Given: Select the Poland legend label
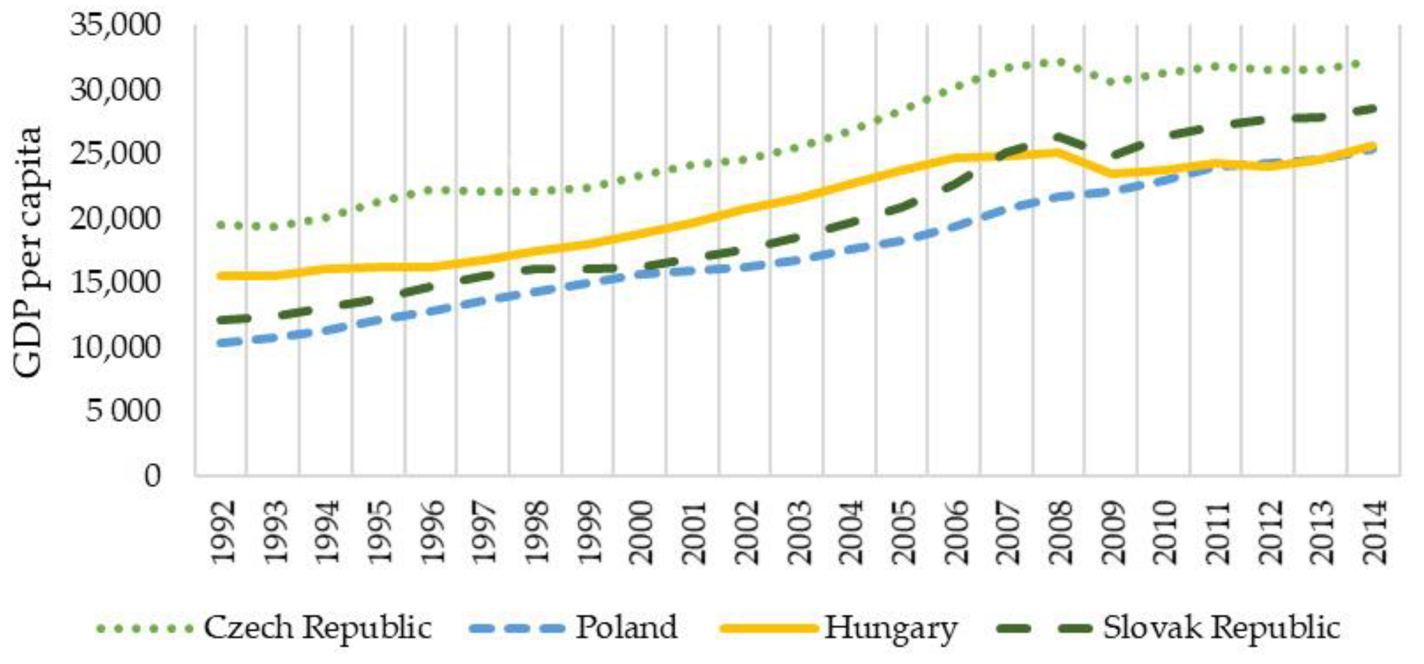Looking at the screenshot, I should coord(627,627).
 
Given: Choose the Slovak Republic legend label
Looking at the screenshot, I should coord(1222,627).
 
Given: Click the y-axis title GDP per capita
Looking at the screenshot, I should coord(28,252).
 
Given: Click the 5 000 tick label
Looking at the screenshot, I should coord(123,410).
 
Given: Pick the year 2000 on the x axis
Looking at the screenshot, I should coord(641,531).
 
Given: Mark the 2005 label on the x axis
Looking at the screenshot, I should coord(903,531).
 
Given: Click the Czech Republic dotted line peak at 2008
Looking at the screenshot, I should coord(1059,63).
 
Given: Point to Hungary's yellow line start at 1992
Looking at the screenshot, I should coord(221,275).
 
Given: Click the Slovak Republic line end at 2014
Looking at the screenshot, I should coord(1372,109).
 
